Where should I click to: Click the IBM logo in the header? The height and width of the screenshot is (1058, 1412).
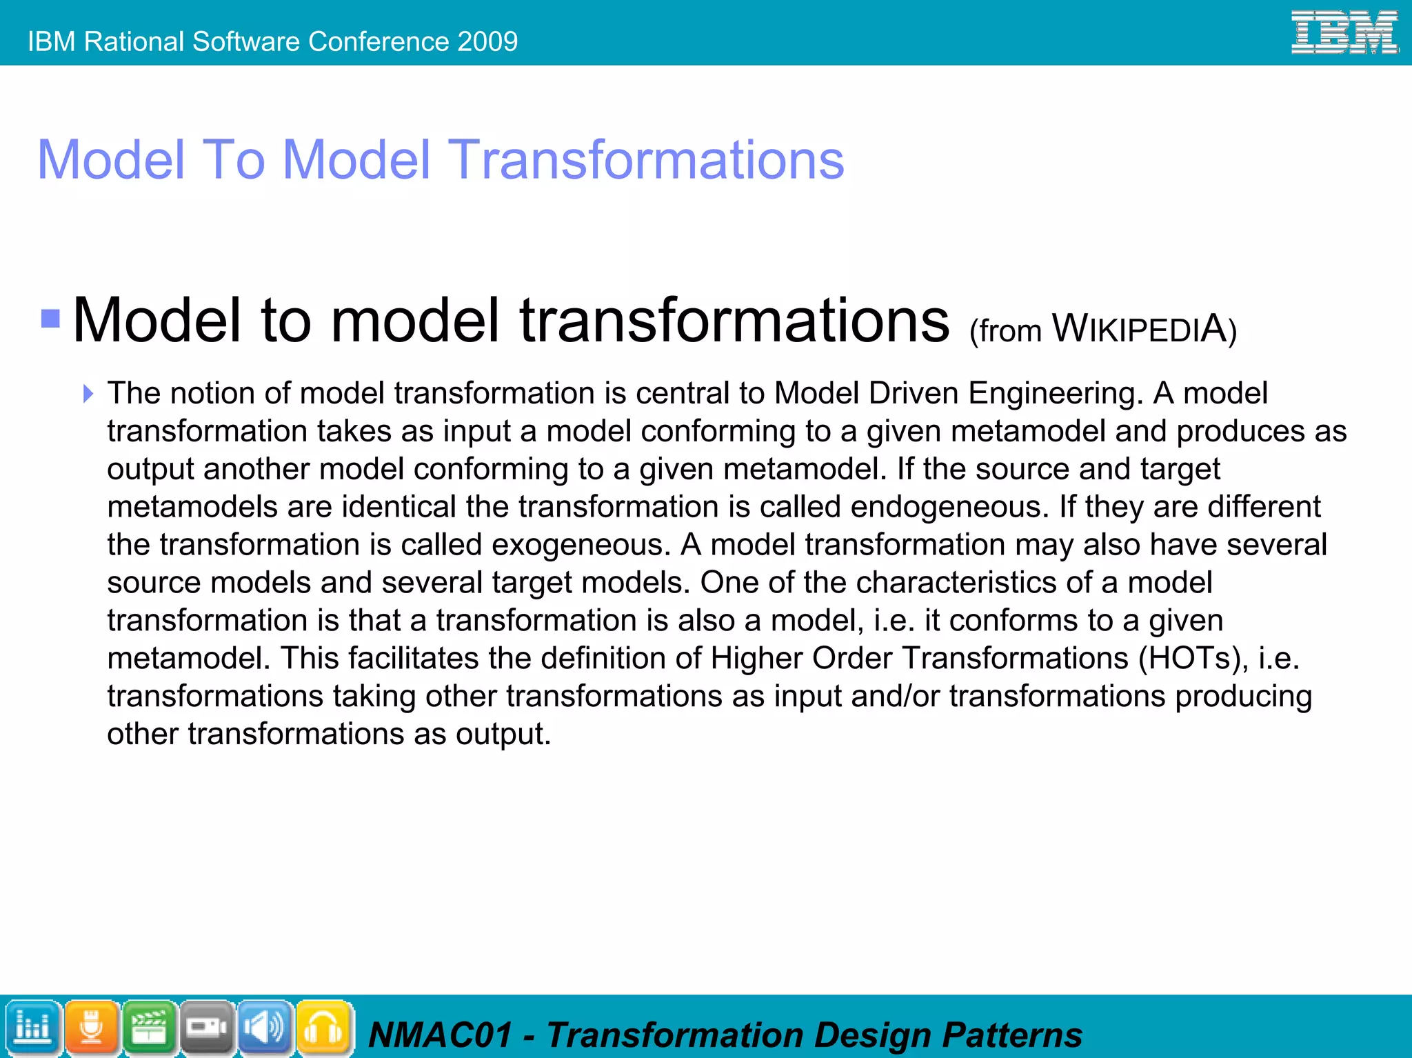[1344, 32]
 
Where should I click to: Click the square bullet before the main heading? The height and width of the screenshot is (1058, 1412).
[50, 318]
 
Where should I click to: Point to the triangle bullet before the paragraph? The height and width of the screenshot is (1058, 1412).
[88, 394]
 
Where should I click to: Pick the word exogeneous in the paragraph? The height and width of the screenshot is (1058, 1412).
[581, 545]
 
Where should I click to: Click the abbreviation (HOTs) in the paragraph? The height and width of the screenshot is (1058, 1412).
[1193, 658]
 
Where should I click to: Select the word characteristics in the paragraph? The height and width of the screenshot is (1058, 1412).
[956, 583]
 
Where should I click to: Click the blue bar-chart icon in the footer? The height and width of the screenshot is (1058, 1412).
[32, 1028]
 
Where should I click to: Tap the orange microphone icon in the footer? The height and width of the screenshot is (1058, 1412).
[91, 1028]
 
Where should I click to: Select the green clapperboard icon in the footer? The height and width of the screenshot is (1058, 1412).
[149, 1028]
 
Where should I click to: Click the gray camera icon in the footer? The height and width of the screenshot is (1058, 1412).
[207, 1028]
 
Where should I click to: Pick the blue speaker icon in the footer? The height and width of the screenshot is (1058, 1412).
[265, 1028]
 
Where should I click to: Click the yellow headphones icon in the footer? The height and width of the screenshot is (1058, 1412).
[323, 1028]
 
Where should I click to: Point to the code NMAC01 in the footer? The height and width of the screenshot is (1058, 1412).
[441, 1035]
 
